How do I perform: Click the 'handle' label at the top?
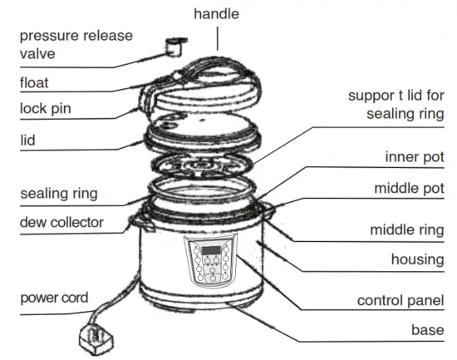pyautogui.click(x=216, y=14)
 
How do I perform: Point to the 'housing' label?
pyautogui.click(x=418, y=259)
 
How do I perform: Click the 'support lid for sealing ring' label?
pyautogui.click(x=396, y=104)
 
